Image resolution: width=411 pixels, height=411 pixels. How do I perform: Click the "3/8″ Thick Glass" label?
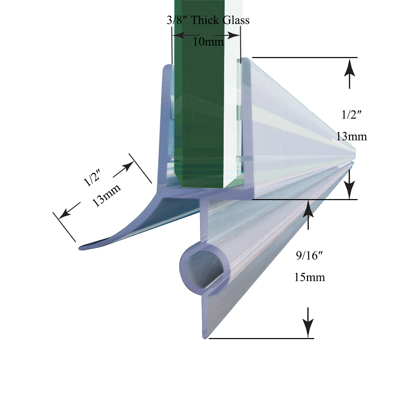click(208, 20)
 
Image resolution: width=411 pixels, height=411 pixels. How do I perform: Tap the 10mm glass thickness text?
click(208, 41)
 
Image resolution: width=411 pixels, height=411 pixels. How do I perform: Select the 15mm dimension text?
click(310, 277)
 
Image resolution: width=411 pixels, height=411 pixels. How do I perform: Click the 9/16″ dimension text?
click(309, 256)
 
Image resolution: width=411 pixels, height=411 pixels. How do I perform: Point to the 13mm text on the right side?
click(352, 136)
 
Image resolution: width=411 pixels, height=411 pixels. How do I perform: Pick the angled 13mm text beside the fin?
click(106, 195)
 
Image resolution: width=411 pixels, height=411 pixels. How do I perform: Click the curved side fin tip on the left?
click(80, 248)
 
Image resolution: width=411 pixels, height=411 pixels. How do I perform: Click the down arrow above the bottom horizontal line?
click(308, 322)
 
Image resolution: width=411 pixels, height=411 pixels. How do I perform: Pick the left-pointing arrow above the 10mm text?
click(187, 35)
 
